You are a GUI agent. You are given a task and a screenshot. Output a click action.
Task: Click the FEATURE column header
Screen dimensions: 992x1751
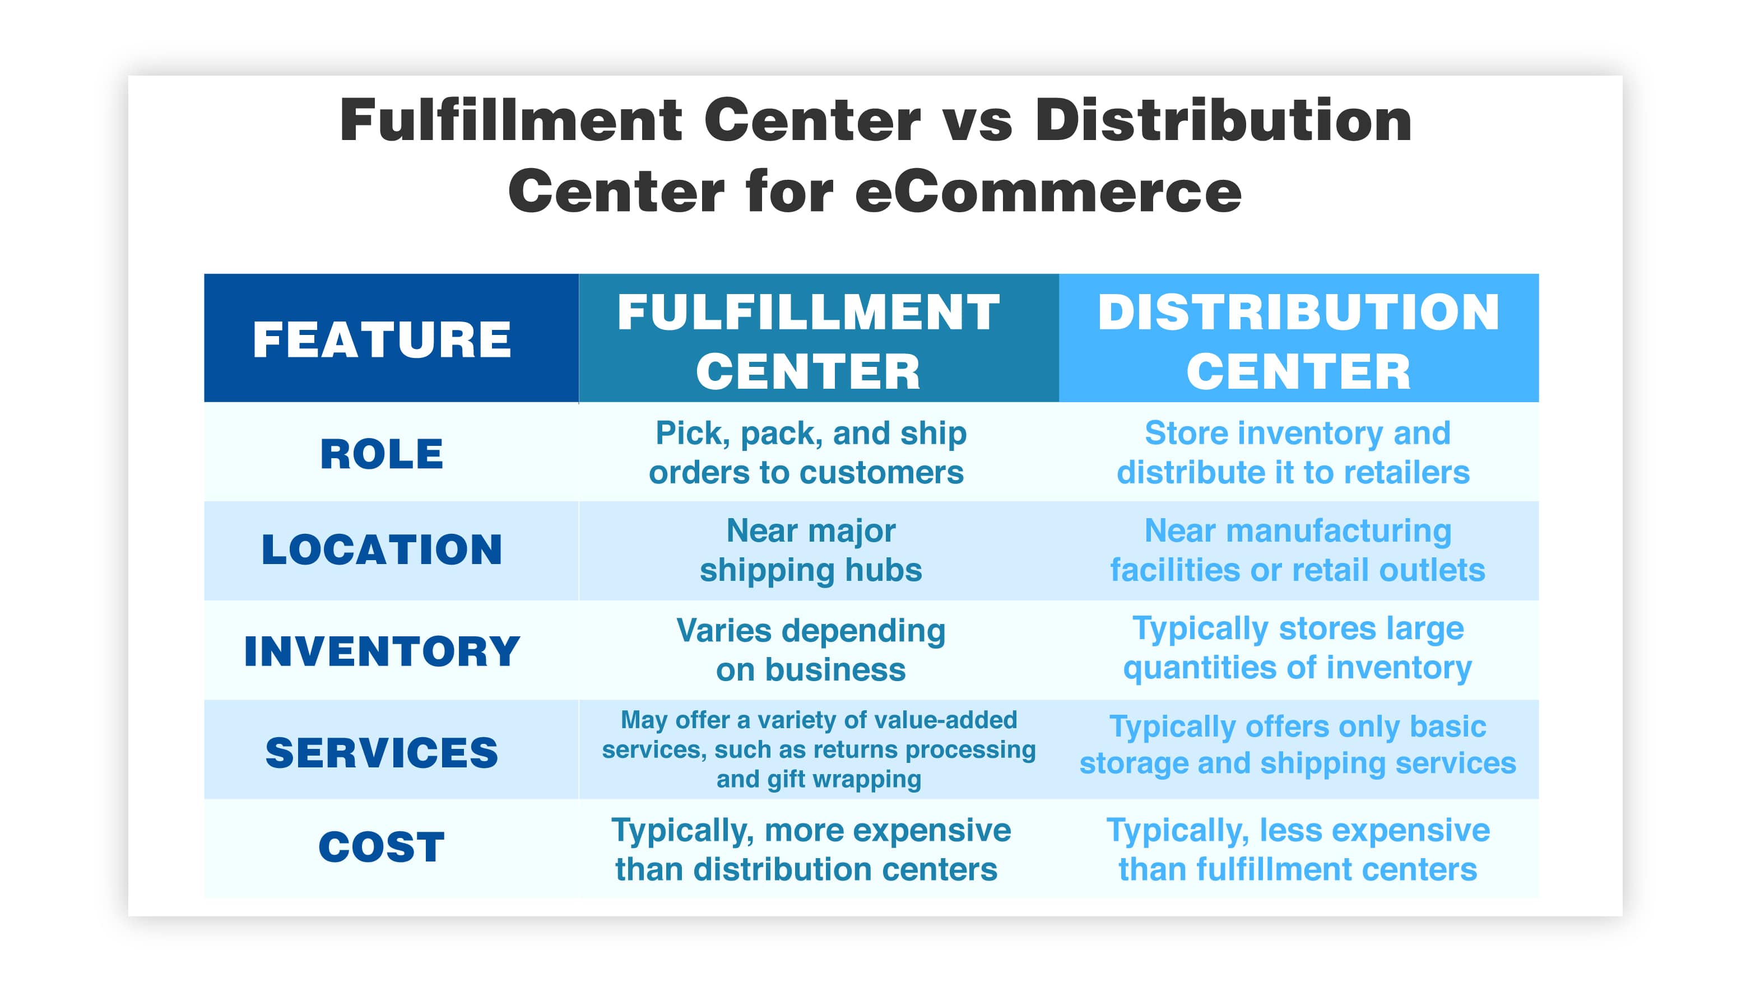pyautogui.click(x=382, y=339)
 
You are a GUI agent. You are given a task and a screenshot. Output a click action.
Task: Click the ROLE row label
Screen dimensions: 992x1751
pyautogui.click(x=382, y=454)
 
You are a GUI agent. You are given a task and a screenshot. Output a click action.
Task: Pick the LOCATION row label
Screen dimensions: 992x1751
pyautogui.click(x=382, y=550)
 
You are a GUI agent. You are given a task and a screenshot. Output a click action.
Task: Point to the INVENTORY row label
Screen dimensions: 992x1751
pyautogui.click(x=382, y=651)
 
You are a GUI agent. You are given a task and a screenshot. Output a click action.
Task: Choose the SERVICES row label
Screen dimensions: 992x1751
pyautogui.click(x=382, y=752)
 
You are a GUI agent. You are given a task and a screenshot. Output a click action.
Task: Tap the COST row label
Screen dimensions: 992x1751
pyautogui.click(x=382, y=847)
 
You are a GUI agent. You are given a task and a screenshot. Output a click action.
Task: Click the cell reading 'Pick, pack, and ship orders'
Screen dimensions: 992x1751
pyautogui.click(x=809, y=453)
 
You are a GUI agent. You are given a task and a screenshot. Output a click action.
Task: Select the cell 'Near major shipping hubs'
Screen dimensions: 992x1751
pyautogui.click(x=811, y=550)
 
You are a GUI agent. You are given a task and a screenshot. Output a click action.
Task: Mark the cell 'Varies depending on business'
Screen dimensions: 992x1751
pyautogui.click(x=811, y=650)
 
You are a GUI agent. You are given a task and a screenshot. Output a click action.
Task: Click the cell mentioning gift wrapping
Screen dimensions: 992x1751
pyautogui.click(x=818, y=749)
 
